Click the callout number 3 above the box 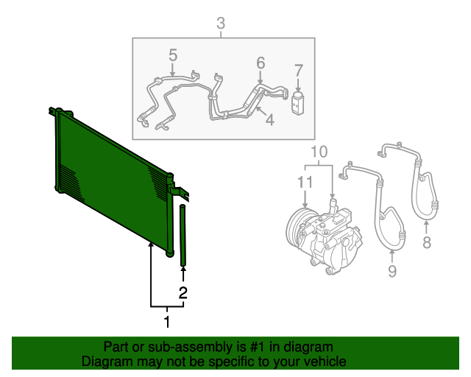point(221,23)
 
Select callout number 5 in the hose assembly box point(173,55)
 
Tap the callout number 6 point(261,63)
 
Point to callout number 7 point(298,71)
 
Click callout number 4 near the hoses point(270,120)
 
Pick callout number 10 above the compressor point(319,152)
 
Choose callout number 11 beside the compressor point(305,182)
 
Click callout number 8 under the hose point(427,242)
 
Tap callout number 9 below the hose point(392,272)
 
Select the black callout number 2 point(183,293)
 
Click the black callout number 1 point(167,322)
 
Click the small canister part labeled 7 point(297,103)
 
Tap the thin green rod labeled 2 point(183,235)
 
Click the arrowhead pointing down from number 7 point(298,89)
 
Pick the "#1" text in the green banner point(258,348)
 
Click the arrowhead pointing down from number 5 point(173,74)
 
